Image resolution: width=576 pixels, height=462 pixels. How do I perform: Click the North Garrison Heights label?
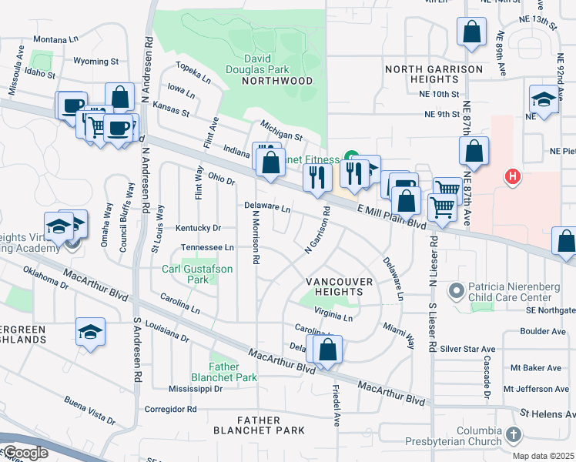coord(434,74)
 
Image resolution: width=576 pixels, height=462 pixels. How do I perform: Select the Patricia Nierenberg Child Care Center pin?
coord(457,291)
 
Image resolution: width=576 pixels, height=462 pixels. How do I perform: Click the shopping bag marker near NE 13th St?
coord(471,32)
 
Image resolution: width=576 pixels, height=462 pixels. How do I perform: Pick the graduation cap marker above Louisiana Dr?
coord(90,332)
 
